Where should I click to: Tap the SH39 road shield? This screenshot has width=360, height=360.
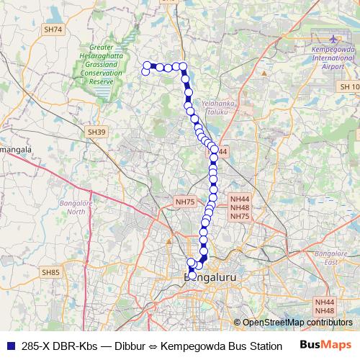tap(96, 132)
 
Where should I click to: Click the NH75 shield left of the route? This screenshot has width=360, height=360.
tap(185, 202)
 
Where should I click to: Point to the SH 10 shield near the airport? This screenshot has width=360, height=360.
tap(348, 86)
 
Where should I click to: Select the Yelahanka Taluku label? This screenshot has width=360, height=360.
tap(219, 107)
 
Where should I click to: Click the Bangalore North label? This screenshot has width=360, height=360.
tap(73, 207)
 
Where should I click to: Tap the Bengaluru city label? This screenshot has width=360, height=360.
tap(211, 276)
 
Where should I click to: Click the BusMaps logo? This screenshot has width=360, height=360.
tap(325, 345)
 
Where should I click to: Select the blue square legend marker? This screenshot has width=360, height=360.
tap(9, 346)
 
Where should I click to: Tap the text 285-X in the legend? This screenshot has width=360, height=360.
tap(36, 346)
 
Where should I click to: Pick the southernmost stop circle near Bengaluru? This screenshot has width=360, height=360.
tap(192, 274)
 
